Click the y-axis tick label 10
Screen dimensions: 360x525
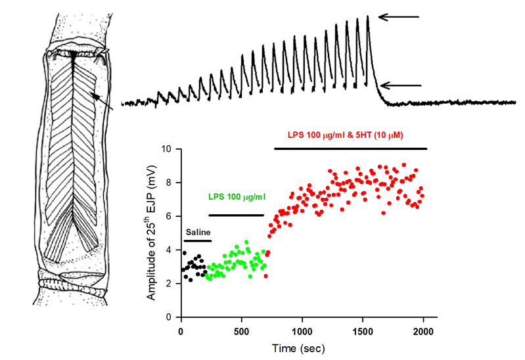coord(166,149)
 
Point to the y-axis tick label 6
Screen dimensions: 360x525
coord(169,216)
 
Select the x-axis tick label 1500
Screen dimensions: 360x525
coord(362,330)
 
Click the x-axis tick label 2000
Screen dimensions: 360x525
coord(422,330)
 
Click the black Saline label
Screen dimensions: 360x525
coord(198,233)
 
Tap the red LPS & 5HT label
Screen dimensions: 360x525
coord(345,135)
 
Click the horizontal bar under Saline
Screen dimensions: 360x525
coord(198,241)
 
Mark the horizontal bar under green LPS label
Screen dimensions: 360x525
coord(236,215)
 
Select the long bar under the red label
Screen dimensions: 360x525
coord(350,148)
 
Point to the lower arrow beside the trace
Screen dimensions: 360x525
coord(398,84)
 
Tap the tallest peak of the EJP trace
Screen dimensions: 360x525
coord(368,16)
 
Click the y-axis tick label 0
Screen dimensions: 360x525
coord(169,317)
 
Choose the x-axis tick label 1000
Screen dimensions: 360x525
coord(302,330)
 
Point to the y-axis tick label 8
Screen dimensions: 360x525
coord(169,183)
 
